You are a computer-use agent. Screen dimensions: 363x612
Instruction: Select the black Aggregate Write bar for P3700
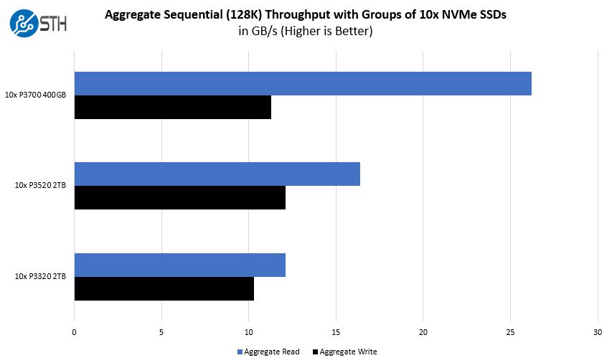pyautogui.click(x=172, y=107)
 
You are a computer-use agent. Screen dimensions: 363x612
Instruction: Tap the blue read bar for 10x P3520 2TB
pyautogui.click(x=217, y=174)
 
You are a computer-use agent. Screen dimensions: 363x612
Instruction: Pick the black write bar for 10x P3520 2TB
pyautogui.click(x=179, y=197)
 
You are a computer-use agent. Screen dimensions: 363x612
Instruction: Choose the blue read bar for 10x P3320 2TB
pyautogui.click(x=179, y=265)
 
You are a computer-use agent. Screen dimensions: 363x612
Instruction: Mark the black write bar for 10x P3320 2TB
pyautogui.click(x=164, y=288)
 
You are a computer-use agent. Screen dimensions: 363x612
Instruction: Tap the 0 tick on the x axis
pyautogui.click(x=75, y=331)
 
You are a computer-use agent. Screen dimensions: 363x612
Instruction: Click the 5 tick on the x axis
pyautogui.click(x=161, y=331)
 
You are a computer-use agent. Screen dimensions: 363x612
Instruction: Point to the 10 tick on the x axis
pyautogui.click(x=249, y=331)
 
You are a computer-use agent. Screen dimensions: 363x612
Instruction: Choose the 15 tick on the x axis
pyautogui.click(x=336, y=331)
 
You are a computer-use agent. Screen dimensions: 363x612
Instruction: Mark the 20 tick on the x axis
pyautogui.click(x=423, y=331)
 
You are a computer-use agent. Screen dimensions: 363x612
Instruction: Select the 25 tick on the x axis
pyautogui.click(x=510, y=331)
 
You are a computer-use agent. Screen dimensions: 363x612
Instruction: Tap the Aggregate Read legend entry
pyautogui.click(x=268, y=352)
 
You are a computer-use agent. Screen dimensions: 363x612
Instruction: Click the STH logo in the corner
pyautogui.click(x=37, y=24)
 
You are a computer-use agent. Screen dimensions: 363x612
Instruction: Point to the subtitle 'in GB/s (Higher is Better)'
pyautogui.click(x=306, y=32)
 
